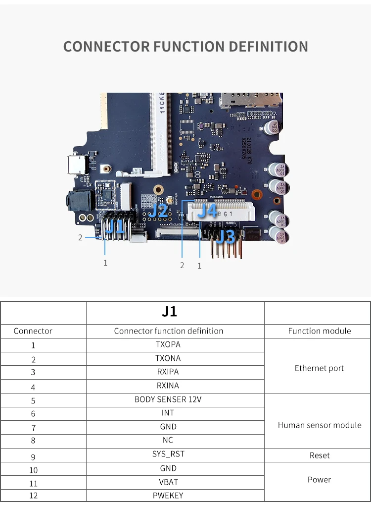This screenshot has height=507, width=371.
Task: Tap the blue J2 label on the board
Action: pyautogui.click(x=159, y=210)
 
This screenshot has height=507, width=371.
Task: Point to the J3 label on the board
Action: pyautogui.click(x=227, y=237)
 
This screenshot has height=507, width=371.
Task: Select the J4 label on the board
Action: pyautogui.click(x=208, y=211)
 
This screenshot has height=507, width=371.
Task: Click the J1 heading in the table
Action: pyautogui.click(x=169, y=312)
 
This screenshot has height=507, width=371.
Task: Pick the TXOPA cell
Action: pyautogui.click(x=168, y=344)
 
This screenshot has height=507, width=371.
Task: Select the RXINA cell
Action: pyautogui.click(x=168, y=385)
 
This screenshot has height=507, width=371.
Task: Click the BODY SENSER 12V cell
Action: pyautogui.click(x=168, y=399)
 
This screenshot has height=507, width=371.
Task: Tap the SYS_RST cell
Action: pyautogui.click(x=168, y=453)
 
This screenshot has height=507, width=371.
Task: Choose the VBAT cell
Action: pyautogui.click(x=168, y=481)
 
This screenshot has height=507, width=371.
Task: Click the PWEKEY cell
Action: pyautogui.click(x=168, y=495)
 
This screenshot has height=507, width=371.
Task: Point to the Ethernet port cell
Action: pyautogui.click(x=319, y=368)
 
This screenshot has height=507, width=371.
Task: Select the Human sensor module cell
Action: pyautogui.click(x=320, y=425)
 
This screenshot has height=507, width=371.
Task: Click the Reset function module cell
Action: pyautogui.click(x=319, y=455)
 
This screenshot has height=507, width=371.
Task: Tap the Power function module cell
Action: pyautogui.click(x=319, y=479)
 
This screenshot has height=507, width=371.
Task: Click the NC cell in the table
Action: pyautogui.click(x=168, y=440)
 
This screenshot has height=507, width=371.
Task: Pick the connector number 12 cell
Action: pyautogui.click(x=33, y=495)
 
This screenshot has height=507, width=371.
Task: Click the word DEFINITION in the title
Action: pyautogui.click(x=268, y=47)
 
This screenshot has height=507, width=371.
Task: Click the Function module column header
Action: pyautogui.click(x=319, y=331)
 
